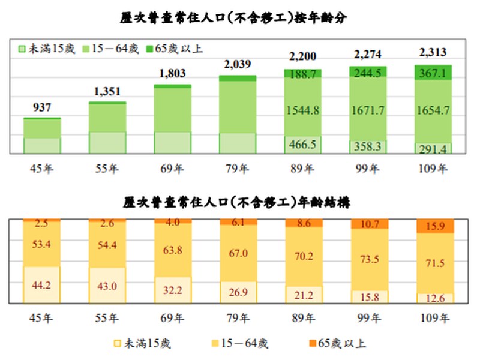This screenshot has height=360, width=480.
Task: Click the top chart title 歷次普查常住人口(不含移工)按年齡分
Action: pos(241,17)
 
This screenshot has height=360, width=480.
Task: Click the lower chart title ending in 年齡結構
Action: pos(241,203)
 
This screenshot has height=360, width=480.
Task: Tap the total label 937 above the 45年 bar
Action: pos(42,108)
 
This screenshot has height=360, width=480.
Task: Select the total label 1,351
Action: pos(107,92)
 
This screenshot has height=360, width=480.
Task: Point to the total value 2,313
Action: pos(433,53)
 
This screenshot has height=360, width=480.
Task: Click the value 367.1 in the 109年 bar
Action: pos(434,73)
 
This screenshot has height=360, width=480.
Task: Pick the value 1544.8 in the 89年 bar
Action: pos(303,110)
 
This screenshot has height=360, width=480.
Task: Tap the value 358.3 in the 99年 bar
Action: pos(368,146)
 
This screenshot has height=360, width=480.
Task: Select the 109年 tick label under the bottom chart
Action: pos(433,317)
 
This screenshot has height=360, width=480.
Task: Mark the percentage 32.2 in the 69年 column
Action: pos(172,289)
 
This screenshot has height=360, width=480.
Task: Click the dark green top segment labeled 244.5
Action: pos(368,72)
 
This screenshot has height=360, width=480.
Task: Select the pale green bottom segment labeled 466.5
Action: pos(303,145)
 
